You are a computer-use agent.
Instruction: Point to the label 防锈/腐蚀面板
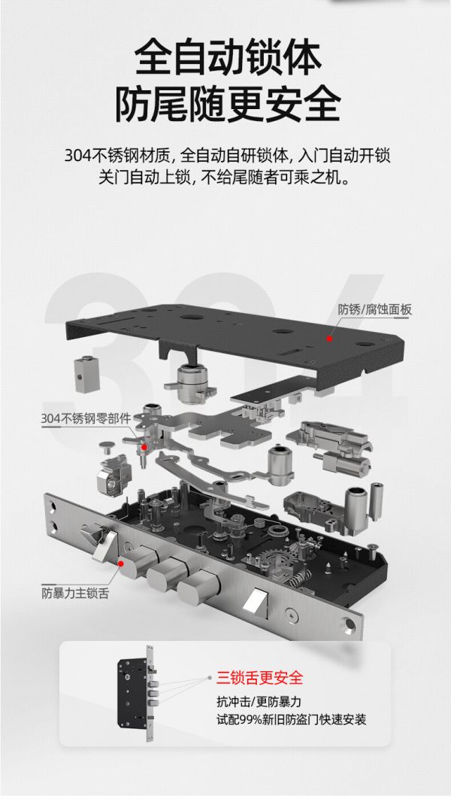coord(374,309)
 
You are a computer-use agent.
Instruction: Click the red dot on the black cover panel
coord(330,338)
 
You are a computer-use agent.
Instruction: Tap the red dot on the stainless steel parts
coord(144,447)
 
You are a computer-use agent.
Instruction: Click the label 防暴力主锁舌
coord(74,594)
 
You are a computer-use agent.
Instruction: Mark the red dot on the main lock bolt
coord(121,564)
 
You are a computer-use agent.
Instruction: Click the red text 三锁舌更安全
coord(259,678)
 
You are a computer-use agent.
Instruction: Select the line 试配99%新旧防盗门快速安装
coord(291,720)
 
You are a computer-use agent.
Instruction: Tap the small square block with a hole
coord(86,374)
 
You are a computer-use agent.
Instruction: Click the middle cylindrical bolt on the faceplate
coord(167,576)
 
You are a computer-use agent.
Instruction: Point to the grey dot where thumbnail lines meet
coord(210,678)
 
